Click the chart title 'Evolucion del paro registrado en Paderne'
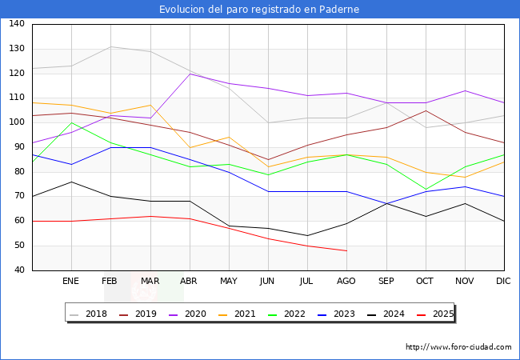259,10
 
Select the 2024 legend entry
387,314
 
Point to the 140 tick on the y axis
17,24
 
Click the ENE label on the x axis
71,282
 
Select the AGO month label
346,282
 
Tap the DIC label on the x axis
503,282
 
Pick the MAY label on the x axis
229,282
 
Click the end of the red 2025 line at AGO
346,250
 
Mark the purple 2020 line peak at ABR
190,74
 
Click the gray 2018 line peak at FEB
110,46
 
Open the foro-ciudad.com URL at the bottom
458,347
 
